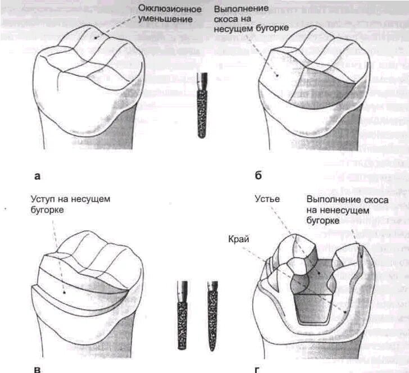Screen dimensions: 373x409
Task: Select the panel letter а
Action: (x=38, y=176)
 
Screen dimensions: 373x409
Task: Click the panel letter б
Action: (x=258, y=176)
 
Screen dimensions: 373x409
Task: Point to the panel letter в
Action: (x=38, y=369)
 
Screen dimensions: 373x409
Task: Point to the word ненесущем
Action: (x=347, y=210)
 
